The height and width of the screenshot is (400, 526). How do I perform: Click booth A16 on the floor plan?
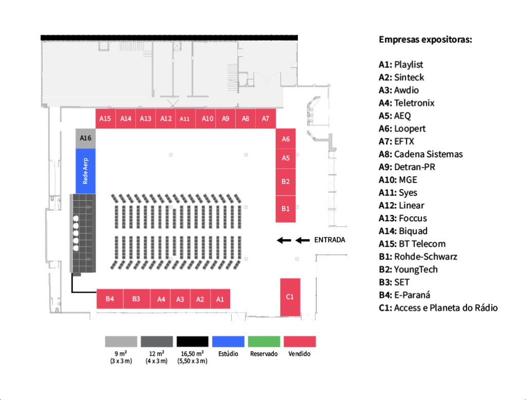86,138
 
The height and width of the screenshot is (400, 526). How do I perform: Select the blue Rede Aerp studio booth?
86,171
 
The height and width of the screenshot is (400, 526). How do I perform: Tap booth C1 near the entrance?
290,297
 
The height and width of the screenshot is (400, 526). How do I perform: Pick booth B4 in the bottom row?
110,299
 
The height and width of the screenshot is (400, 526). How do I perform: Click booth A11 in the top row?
185,119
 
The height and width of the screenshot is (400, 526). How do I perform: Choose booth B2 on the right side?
286,182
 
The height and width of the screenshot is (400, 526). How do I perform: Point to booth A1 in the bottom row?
220,299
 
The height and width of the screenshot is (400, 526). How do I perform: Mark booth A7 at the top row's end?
266,119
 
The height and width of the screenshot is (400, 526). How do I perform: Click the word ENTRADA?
329,240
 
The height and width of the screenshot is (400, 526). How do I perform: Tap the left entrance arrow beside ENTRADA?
284,240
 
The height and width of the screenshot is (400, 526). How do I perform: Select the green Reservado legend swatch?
264,341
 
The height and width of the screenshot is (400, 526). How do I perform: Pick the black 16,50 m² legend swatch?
193,341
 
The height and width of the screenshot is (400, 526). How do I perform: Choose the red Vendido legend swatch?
299,341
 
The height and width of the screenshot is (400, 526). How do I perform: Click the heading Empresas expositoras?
425,40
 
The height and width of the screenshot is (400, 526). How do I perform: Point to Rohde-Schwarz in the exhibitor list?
425,257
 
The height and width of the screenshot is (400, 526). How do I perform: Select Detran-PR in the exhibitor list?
415,167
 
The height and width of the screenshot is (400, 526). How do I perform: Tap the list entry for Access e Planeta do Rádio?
445,308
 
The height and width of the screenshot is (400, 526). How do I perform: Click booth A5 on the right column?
286,158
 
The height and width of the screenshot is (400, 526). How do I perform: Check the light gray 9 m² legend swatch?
121,341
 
